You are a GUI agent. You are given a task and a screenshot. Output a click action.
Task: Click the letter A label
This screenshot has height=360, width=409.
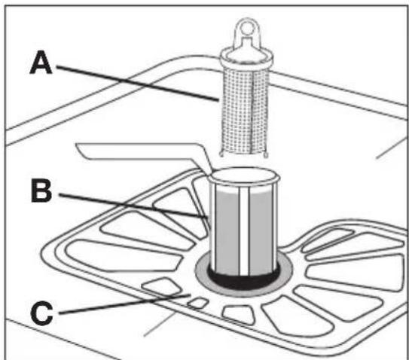41,63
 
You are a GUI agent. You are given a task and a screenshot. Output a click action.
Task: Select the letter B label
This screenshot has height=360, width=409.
41,191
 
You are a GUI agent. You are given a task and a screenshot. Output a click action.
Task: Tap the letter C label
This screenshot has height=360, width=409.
41,313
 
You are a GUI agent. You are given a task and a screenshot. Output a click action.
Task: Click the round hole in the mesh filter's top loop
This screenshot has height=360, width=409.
246,28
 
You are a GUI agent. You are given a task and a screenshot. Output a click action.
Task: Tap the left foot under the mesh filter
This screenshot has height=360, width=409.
221,154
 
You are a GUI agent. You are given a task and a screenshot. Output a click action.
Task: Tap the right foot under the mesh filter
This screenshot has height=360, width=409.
266,154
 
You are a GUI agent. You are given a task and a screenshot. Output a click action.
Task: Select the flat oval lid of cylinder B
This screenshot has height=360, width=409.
245,175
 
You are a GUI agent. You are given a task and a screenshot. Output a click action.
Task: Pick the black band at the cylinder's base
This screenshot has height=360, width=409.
244,279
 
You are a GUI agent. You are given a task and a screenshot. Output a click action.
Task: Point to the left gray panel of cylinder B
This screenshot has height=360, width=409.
227,231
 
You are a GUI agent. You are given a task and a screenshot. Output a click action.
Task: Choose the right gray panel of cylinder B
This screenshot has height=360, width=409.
261,231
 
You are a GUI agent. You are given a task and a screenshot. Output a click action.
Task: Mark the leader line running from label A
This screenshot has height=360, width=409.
138,84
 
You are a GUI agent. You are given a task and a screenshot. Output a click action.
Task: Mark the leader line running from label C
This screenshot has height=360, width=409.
125,304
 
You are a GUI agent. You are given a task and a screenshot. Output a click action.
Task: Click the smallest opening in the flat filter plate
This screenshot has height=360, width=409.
198,303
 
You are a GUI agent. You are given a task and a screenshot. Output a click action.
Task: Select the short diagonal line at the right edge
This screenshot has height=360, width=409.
391,148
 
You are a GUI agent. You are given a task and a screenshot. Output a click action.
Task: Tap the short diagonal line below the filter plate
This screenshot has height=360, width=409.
159,325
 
